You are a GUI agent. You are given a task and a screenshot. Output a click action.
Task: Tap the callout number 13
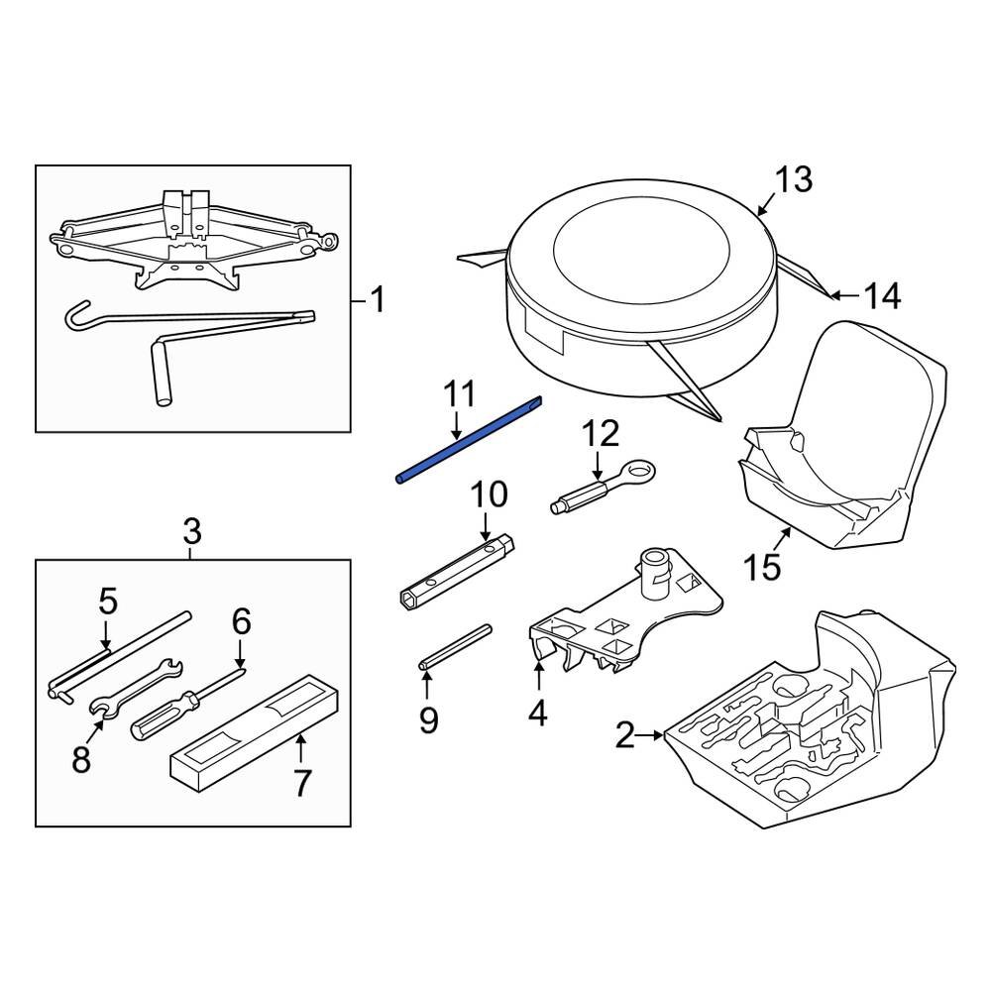click(793, 180)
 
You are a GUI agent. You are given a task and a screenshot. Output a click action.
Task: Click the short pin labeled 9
click(454, 646)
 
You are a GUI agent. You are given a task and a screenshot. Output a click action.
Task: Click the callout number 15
click(764, 567)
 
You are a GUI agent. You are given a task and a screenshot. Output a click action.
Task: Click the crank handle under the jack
click(188, 337)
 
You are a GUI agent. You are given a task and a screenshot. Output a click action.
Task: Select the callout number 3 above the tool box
click(191, 532)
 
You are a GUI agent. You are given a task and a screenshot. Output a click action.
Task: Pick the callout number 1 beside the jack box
click(376, 298)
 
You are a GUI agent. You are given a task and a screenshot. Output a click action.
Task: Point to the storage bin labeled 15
click(842, 446)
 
